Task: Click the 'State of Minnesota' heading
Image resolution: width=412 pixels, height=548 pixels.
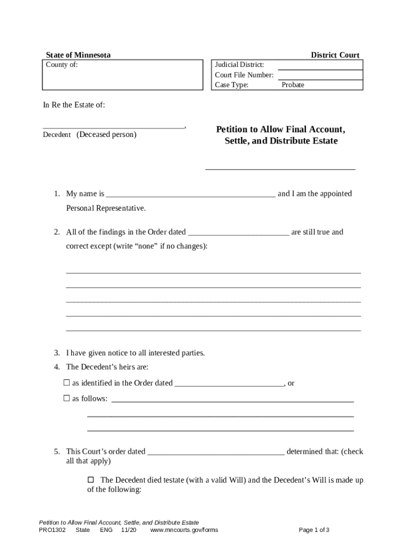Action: pyautogui.click(x=78, y=55)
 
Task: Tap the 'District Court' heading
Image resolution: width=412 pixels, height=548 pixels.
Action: pyautogui.click(x=335, y=55)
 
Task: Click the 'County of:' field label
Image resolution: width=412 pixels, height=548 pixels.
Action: pyautogui.click(x=62, y=65)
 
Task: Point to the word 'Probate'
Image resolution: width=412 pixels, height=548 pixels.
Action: pyautogui.click(x=293, y=85)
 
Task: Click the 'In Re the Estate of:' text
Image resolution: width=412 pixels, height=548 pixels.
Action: pyautogui.click(x=74, y=105)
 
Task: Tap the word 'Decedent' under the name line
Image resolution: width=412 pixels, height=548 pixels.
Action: pyautogui.click(x=57, y=135)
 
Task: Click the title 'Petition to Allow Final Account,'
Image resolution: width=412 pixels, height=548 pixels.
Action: pyautogui.click(x=280, y=130)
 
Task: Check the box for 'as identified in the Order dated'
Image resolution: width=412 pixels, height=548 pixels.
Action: pyautogui.click(x=67, y=383)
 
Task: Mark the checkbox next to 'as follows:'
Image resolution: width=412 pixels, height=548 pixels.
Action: pyautogui.click(x=67, y=398)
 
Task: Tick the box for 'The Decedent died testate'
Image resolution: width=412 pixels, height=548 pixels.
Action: pyautogui.click(x=90, y=479)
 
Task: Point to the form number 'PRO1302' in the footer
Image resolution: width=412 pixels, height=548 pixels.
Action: pyautogui.click(x=52, y=530)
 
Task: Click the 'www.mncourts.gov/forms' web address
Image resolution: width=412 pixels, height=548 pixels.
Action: pyautogui.click(x=184, y=530)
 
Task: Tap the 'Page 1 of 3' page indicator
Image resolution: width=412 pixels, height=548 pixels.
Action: pyautogui.click(x=314, y=530)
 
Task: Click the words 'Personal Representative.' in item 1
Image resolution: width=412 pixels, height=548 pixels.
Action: pyautogui.click(x=105, y=208)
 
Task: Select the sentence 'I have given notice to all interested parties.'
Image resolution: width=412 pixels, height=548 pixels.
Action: pyautogui.click(x=135, y=353)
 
